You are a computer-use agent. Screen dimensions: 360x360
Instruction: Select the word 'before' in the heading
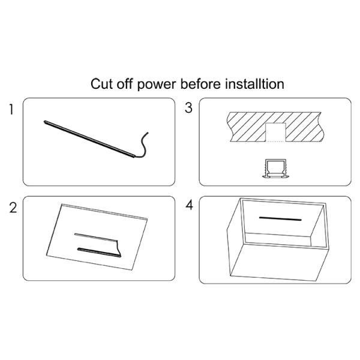click(x=200, y=84)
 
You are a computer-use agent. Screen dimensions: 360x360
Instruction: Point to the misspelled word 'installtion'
click(x=254, y=84)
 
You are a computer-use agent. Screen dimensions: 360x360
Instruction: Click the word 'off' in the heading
click(x=125, y=84)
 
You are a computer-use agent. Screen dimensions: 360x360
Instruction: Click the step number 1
click(x=11, y=109)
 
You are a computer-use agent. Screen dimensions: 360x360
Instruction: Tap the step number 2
click(x=13, y=208)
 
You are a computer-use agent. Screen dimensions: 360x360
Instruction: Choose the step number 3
click(x=188, y=107)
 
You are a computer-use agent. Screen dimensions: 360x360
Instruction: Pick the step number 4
click(x=189, y=205)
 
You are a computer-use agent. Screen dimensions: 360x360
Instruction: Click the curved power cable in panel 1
click(x=143, y=145)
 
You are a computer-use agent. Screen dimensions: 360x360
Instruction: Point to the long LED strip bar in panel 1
click(x=89, y=139)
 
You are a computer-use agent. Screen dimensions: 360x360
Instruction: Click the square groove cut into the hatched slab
click(x=275, y=132)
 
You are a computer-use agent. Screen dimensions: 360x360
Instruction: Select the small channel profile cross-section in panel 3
click(x=275, y=169)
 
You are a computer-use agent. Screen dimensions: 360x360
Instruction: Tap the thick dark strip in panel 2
click(x=99, y=252)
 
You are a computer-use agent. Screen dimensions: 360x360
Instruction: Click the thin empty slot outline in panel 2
click(x=96, y=238)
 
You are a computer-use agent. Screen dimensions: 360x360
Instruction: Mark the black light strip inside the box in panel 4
click(x=280, y=218)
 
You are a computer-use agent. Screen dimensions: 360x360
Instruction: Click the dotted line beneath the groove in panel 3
click(x=275, y=142)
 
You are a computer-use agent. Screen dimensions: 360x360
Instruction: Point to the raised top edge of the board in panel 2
click(x=104, y=211)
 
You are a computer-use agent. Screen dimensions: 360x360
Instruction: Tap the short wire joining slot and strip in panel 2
click(x=119, y=248)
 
